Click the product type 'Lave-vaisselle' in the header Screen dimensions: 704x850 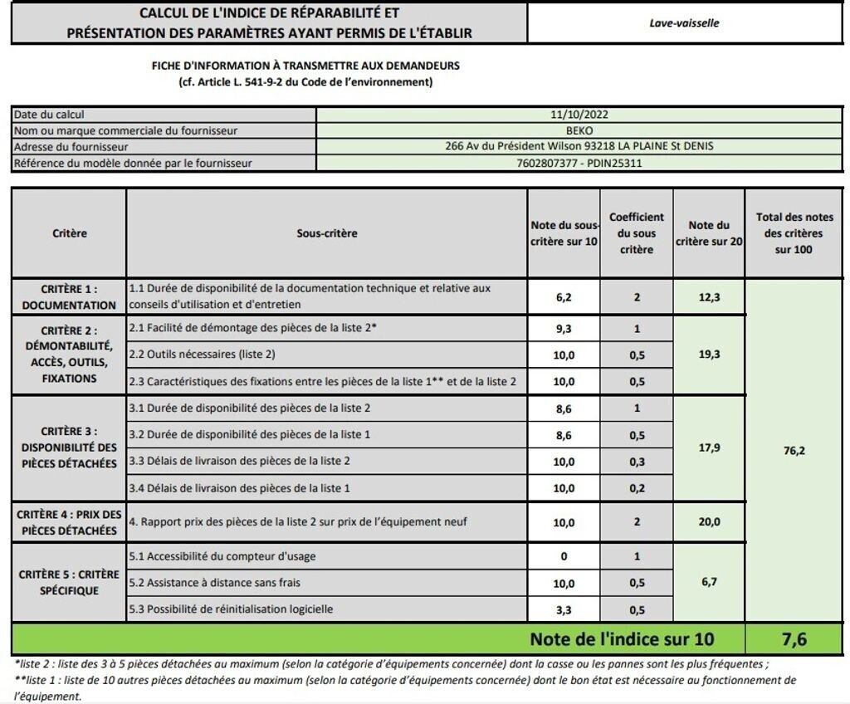(684, 23)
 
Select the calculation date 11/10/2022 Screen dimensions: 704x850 (579, 115)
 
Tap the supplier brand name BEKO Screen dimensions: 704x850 (579, 130)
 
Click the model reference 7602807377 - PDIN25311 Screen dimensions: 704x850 (579, 163)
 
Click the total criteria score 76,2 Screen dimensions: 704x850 (793, 451)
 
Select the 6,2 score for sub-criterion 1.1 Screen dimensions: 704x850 (563, 296)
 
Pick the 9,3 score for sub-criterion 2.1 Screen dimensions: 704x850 (563, 329)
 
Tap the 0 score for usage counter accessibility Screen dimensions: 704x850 (563, 556)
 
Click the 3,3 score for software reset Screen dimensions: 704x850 (563, 609)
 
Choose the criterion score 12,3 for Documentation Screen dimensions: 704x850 (708, 296)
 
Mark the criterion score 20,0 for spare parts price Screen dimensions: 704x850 (708, 522)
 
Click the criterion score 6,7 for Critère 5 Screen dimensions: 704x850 (708, 583)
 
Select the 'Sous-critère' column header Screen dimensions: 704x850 (326, 233)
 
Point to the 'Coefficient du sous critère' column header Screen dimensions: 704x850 (636, 233)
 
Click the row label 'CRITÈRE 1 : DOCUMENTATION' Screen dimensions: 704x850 (69, 297)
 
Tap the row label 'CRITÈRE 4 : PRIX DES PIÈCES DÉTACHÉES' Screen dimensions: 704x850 (69, 522)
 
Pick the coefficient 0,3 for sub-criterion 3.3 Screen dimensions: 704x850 (636, 461)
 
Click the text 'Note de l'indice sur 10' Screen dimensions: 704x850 (621, 639)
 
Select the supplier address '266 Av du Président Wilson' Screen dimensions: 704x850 (579, 147)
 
